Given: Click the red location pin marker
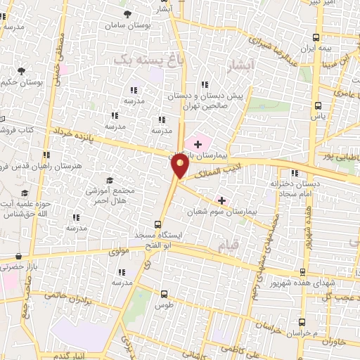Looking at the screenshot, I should pos(180,167).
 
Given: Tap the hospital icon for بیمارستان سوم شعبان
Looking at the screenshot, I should pos(222,200).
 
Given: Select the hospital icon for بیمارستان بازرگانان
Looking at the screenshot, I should pos(198,144).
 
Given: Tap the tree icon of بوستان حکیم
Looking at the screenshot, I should pos(21,71).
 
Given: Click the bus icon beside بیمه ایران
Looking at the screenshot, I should pos(317,38).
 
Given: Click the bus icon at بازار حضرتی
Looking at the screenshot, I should pos(19,257).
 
